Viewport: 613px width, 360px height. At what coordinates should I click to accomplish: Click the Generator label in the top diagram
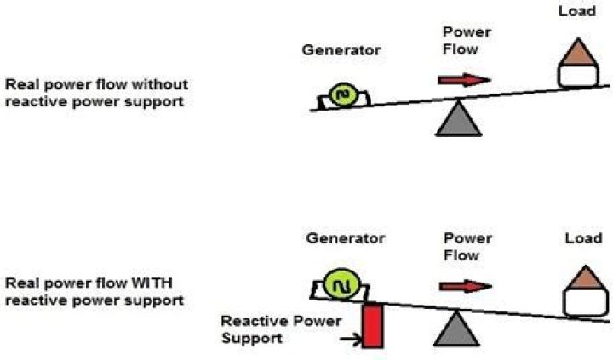click(341, 50)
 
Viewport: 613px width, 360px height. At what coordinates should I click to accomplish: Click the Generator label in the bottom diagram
click(346, 238)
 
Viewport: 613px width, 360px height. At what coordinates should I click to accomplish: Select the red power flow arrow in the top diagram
click(465, 80)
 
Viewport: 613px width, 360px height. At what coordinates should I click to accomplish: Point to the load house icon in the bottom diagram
click(586, 292)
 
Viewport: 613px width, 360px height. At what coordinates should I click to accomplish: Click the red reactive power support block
click(372, 326)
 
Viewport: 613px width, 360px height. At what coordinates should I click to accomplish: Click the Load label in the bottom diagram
click(583, 238)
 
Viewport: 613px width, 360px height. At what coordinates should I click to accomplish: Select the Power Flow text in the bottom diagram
click(466, 248)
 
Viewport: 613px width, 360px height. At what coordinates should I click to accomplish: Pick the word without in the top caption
click(163, 84)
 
